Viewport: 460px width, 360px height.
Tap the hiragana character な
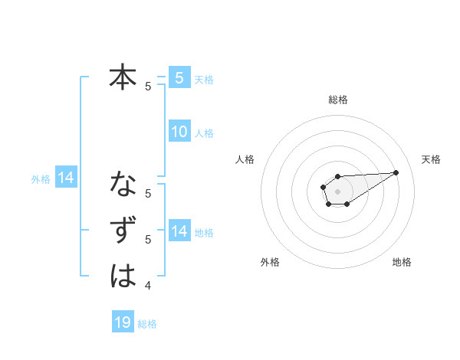[123, 185]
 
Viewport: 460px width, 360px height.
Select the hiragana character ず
[123, 231]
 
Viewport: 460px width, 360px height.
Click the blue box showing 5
[179, 78]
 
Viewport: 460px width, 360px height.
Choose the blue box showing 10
[179, 132]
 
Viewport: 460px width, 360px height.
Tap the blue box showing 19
[123, 322]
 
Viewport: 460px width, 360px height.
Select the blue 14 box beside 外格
[66, 178]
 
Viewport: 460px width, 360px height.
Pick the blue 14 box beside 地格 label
[179, 231]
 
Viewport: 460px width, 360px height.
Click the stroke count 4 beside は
[148, 286]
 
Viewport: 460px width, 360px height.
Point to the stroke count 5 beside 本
[148, 87]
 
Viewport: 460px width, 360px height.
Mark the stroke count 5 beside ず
[148, 240]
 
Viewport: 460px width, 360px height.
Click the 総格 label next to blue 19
[147, 324]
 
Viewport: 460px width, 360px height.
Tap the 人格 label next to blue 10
[204, 133]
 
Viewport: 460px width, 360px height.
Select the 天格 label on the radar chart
[431, 159]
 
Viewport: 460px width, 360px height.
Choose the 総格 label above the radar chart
[337, 100]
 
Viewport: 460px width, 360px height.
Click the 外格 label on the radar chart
[270, 262]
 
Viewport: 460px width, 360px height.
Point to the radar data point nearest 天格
[396, 172]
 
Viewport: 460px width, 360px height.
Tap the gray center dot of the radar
[337, 190]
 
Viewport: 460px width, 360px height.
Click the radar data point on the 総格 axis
[337, 176]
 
